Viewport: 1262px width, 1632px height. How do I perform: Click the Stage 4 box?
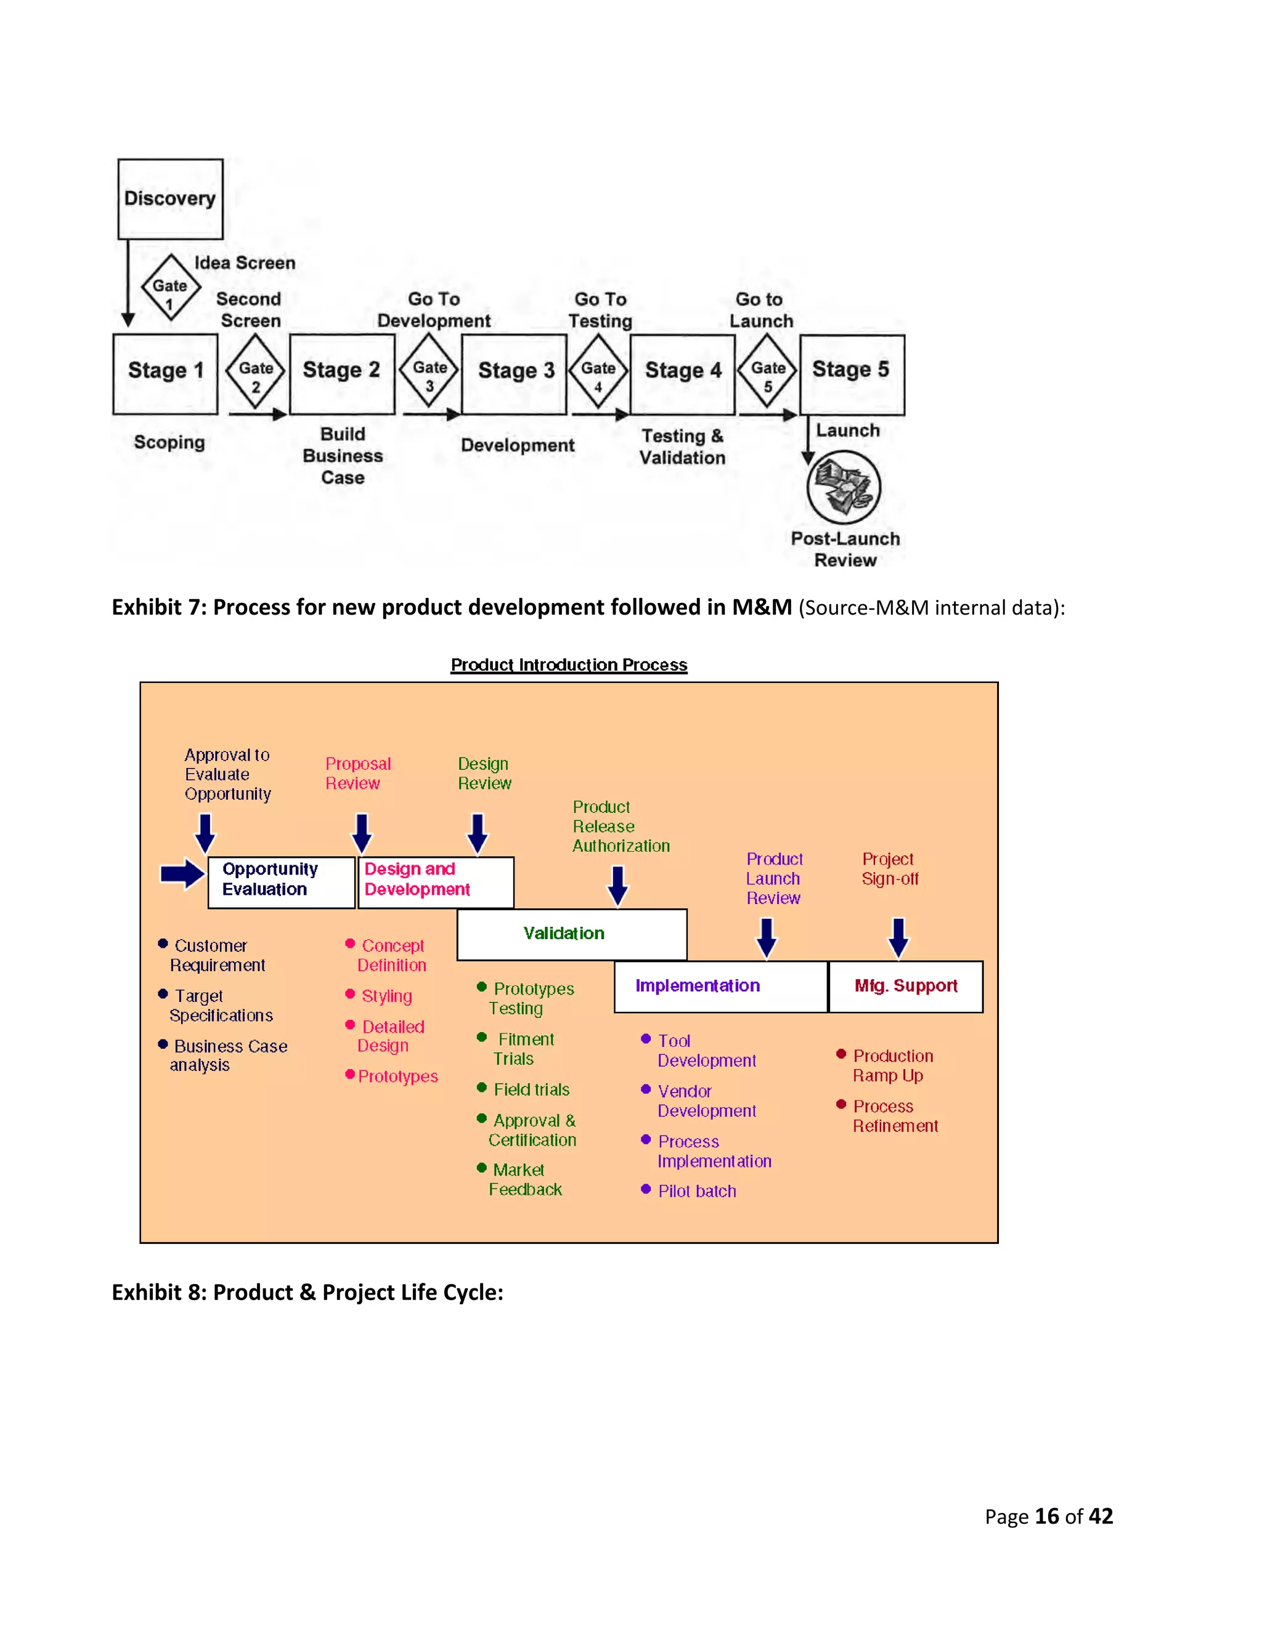[x=683, y=374]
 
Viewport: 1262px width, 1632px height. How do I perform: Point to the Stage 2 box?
[x=341, y=374]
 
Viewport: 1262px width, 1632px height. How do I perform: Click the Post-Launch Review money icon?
[x=844, y=487]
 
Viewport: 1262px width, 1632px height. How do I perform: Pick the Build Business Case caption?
[x=343, y=456]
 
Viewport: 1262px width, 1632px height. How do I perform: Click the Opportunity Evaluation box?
[x=281, y=882]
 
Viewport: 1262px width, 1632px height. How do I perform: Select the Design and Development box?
[x=435, y=882]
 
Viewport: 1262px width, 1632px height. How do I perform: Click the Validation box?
[x=571, y=934]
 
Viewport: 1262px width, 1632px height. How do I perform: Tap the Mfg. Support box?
[x=905, y=987]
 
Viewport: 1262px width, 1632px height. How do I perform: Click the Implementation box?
[x=720, y=987]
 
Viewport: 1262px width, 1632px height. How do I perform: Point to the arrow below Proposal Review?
[x=362, y=833]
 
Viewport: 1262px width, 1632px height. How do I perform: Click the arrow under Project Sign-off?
[x=898, y=938]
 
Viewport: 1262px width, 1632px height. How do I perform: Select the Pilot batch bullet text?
[x=697, y=1191]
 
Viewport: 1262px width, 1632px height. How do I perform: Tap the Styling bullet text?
[x=386, y=996]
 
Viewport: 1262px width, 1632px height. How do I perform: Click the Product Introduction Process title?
[x=569, y=665]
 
